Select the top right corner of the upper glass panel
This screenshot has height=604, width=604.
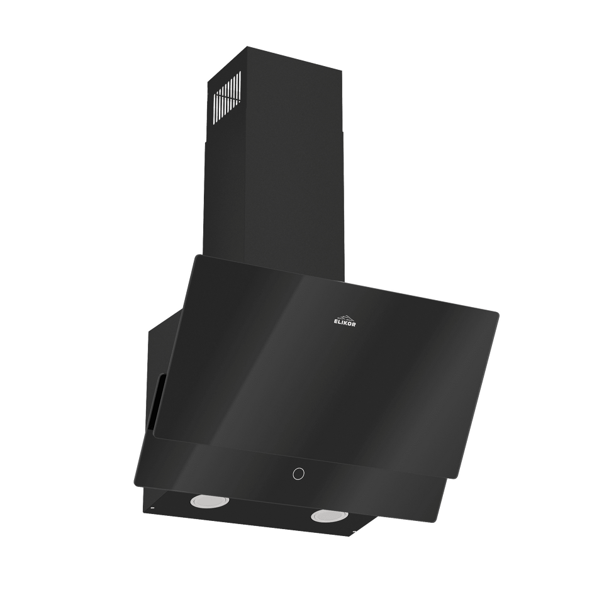coord(500,311)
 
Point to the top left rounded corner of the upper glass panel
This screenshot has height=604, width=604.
coord(196,257)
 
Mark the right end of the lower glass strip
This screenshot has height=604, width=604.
coord(450,480)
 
